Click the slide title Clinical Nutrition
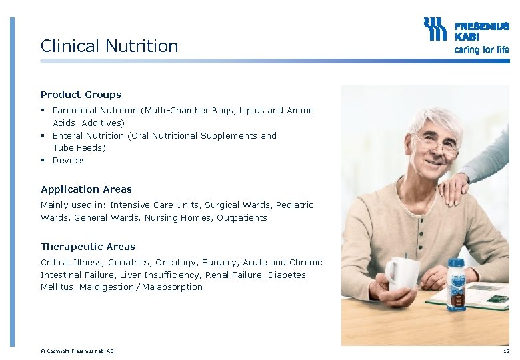click(109, 46)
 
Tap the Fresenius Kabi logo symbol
click(435, 30)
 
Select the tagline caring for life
click(481, 49)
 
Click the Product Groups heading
click(81, 95)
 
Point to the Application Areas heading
click(86, 189)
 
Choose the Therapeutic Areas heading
click(87, 247)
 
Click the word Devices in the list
click(69, 161)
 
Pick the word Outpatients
click(241, 218)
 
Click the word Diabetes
click(287, 275)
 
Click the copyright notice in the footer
click(77, 351)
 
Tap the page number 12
click(506, 351)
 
